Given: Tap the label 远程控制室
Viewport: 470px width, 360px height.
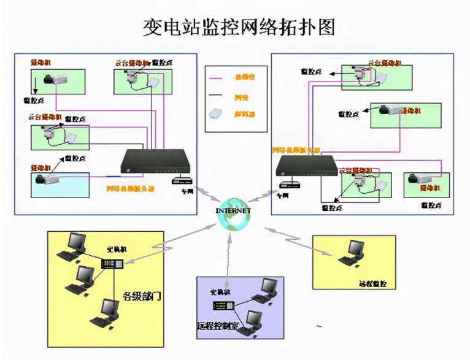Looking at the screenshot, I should pos(217,324).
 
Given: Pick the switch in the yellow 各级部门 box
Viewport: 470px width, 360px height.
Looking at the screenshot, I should pos(112,264).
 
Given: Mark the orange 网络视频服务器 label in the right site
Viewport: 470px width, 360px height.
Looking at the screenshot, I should pos(297,149).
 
